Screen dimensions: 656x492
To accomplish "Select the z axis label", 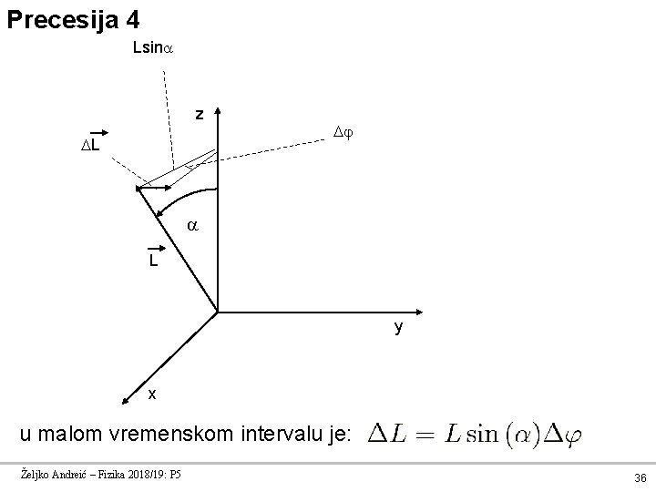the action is point(199,115).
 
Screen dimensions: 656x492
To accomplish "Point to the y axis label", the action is point(398,327).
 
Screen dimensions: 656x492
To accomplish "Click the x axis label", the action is point(152,394).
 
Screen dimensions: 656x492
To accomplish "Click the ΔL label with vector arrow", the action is point(90,144).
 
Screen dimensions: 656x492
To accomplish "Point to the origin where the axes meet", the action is point(219,313).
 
